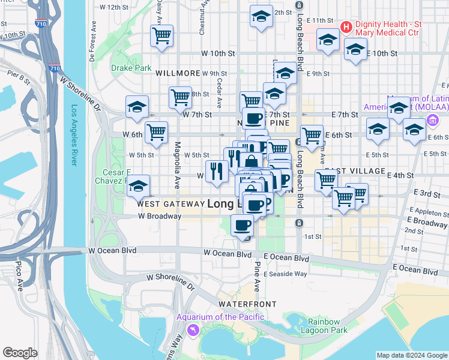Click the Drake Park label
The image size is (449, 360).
click(x=131, y=68)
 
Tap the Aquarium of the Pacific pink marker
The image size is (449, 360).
click(x=193, y=329)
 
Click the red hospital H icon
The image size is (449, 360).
click(x=346, y=27)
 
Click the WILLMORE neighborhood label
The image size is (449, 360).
click(x=177, y=73)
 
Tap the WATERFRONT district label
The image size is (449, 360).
click(x=247, y=304)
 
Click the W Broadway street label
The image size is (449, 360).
click(x=159, y=216)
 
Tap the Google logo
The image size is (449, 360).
click(x=20, y=353)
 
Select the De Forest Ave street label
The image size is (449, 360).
click(x=93, y=43)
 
